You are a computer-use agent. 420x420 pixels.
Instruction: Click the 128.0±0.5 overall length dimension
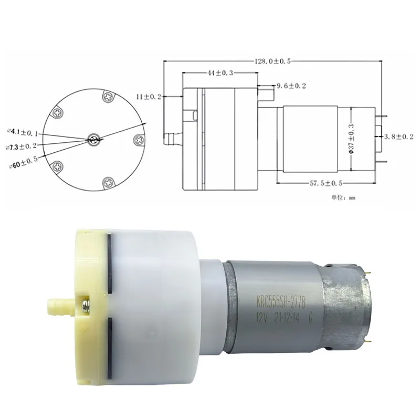272,61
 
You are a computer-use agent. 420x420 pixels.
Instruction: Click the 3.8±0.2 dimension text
399,136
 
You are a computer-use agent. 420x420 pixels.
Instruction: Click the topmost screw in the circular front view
108,96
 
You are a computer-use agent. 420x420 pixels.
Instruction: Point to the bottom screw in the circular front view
108,182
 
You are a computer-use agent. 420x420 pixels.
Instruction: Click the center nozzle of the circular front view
94,139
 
